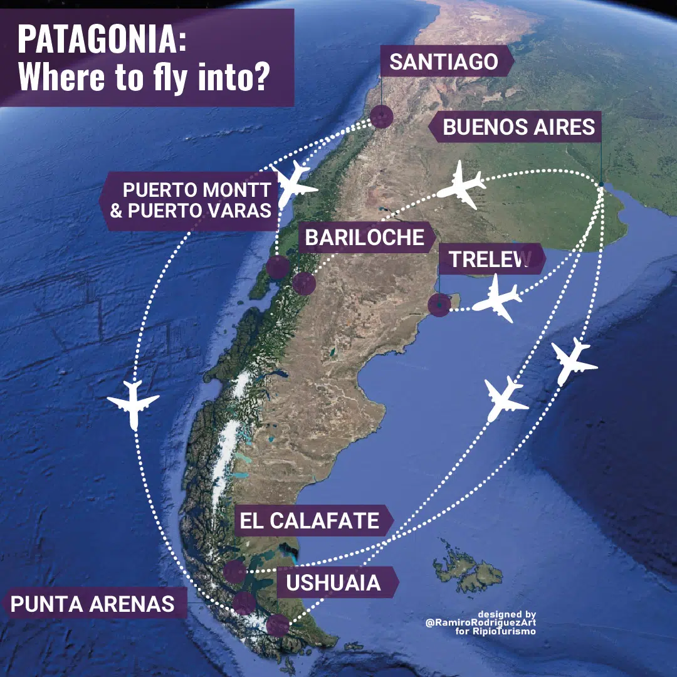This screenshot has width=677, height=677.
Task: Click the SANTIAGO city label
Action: point(444,61)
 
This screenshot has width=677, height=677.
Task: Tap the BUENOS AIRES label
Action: point(518,127)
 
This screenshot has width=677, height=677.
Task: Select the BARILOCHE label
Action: point(364,238)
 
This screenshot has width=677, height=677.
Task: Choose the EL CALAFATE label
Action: point(310,520)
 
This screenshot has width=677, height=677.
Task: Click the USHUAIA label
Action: point(333,583)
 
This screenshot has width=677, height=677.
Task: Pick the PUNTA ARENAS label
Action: point(92,604)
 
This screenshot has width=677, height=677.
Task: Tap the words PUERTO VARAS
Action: point(199,211)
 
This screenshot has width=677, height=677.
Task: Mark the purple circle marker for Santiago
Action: point(380,117)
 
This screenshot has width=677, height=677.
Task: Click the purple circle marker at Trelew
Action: point(439,305)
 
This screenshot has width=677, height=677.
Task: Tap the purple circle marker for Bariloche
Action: point(304,283)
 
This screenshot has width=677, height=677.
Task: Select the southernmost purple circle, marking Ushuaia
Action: point(277,626)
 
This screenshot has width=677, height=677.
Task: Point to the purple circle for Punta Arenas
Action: point(244,603)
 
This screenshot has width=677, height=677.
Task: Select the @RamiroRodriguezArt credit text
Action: point(481,622)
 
